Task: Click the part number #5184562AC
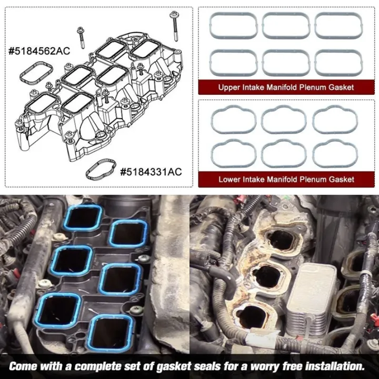(x=39, y=52)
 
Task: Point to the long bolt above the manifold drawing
(x=173, y=23)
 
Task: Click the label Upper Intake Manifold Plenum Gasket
(x=286, y=87)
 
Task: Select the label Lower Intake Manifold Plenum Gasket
(x=286, y=179)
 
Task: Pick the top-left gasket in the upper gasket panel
(x=234, y=26)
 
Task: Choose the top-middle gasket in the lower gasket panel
(x=286, y=119)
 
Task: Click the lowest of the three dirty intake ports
(x=263, y=314)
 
